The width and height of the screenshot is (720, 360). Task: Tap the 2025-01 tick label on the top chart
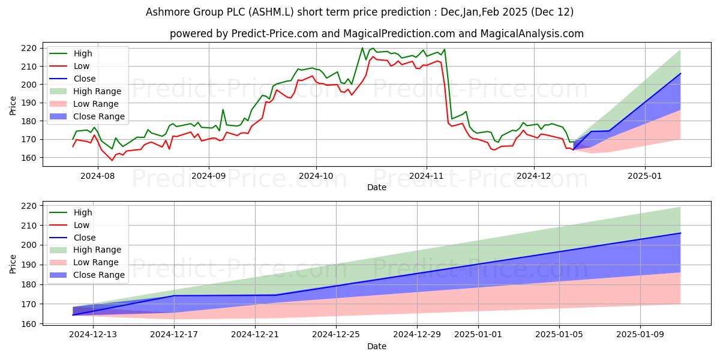[645, 177]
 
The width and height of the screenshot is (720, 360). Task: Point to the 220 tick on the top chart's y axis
[30, 48]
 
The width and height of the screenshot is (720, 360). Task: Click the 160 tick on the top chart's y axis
[30, 158]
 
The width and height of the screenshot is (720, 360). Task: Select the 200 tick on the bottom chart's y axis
[30, 245]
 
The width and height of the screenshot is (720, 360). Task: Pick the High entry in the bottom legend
[82, 212]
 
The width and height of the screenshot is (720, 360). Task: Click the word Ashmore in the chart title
[166, 12]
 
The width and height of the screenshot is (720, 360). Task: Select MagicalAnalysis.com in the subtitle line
[538, 34]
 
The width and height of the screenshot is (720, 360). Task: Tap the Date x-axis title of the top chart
[377, 188]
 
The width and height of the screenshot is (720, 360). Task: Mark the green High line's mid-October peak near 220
[362, 48]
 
